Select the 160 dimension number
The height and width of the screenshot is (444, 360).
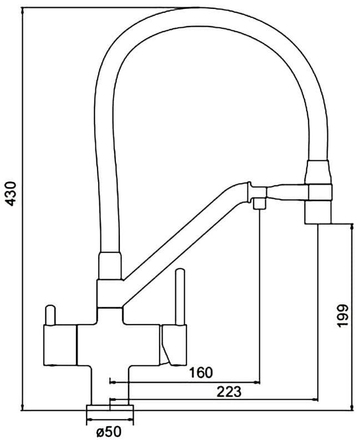coord(200,372)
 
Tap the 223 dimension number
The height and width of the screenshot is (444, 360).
coord(230,391)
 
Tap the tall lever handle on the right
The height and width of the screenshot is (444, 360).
coord(180,297)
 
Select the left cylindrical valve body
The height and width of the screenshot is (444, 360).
coord(59,345)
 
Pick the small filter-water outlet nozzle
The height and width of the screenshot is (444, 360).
coord(258,204)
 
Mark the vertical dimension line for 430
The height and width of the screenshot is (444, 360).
coord(22,211)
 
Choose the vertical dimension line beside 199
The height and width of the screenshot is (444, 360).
coord(352,316)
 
